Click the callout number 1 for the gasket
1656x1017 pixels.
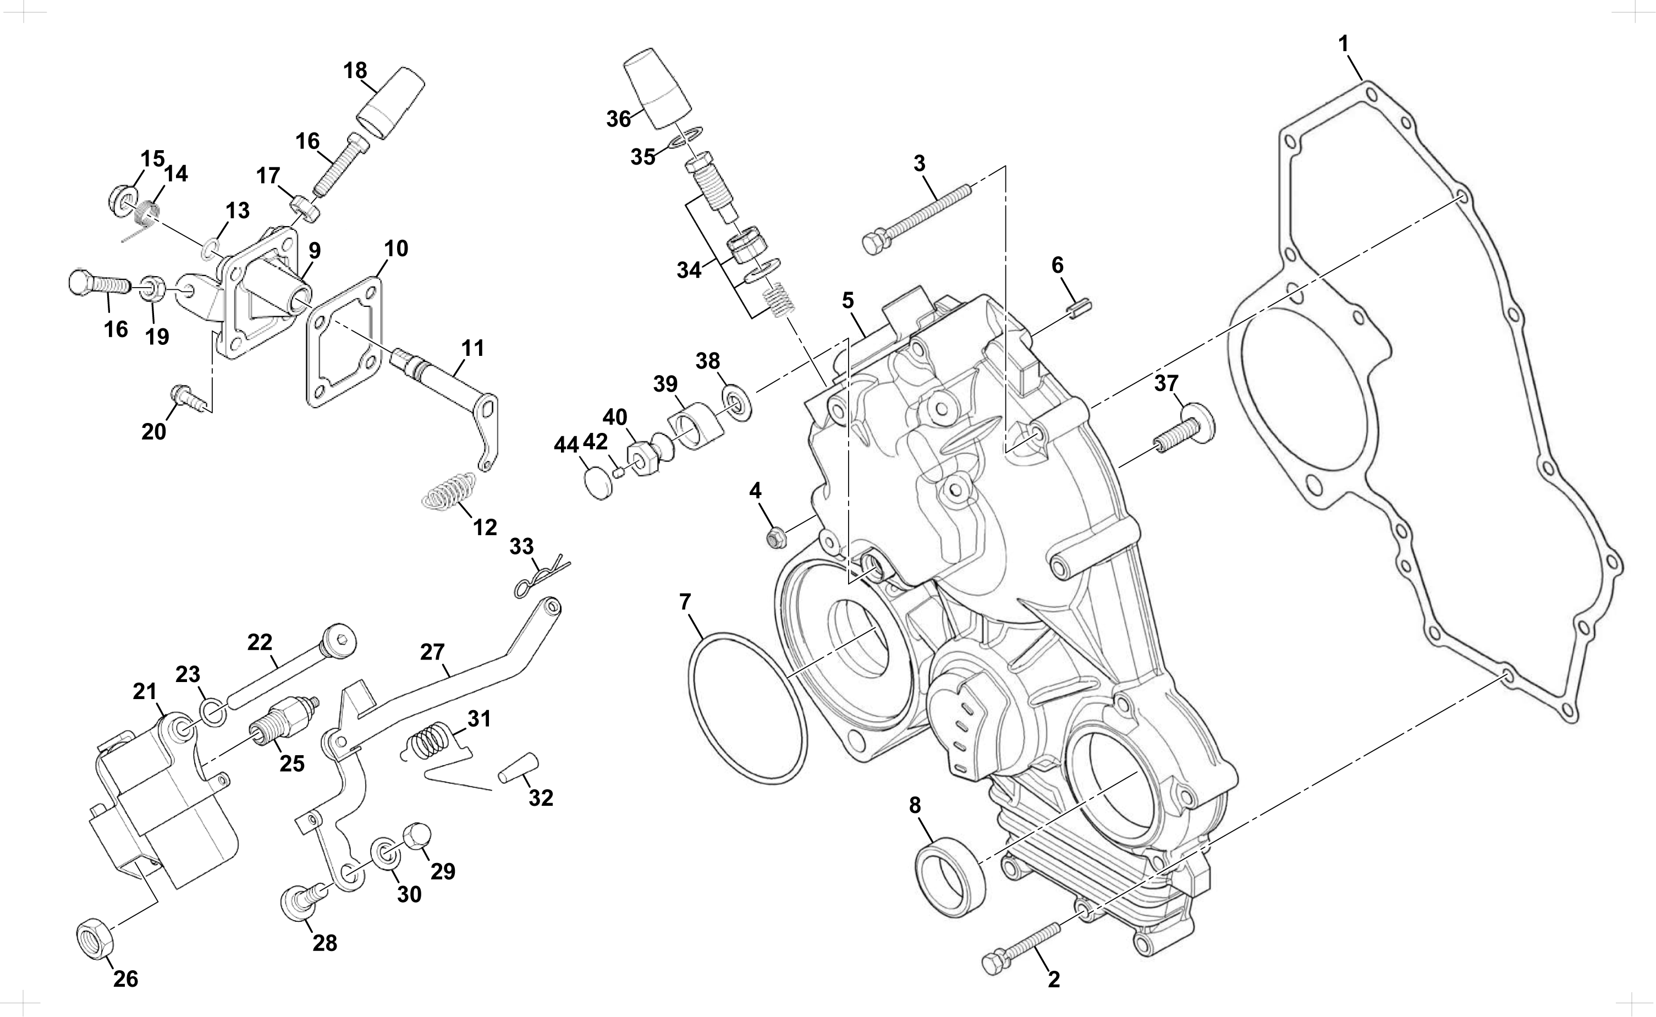(x=1344, y=45)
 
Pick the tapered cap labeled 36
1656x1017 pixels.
(x=658, y=87)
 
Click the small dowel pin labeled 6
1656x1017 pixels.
(x=1079, y=311)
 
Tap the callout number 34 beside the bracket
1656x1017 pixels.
(x=689, y=271)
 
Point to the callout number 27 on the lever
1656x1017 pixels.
(x=432, y=651)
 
